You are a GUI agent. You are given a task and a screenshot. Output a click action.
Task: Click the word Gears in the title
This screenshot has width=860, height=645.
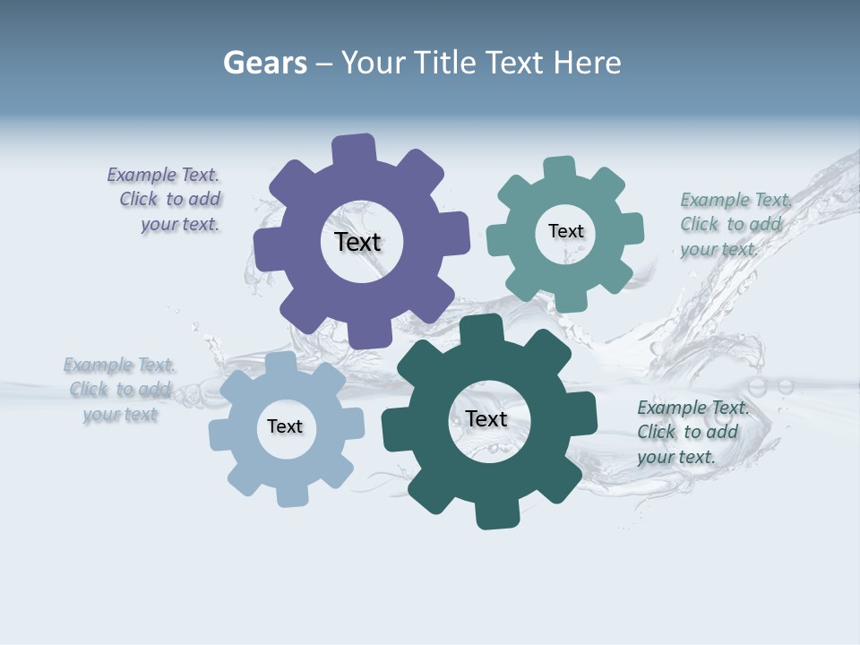point(264,63)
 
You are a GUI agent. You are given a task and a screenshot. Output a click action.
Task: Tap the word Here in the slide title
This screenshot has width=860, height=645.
point(587,63)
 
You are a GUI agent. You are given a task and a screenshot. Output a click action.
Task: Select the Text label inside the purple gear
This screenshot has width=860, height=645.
point(357,242)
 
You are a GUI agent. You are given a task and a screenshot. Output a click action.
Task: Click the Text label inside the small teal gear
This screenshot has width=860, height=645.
point(565,231)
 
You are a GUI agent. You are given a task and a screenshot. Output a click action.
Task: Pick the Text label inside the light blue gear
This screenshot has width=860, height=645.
point(285,426)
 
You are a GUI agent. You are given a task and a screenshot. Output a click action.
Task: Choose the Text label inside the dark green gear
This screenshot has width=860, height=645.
point(486,418)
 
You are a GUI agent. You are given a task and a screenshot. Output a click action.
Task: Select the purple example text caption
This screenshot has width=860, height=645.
point(167,200)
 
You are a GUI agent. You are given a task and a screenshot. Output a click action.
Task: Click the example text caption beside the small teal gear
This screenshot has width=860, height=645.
point(735,224)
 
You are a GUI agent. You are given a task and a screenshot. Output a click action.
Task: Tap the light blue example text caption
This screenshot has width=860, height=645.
point(120,390)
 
